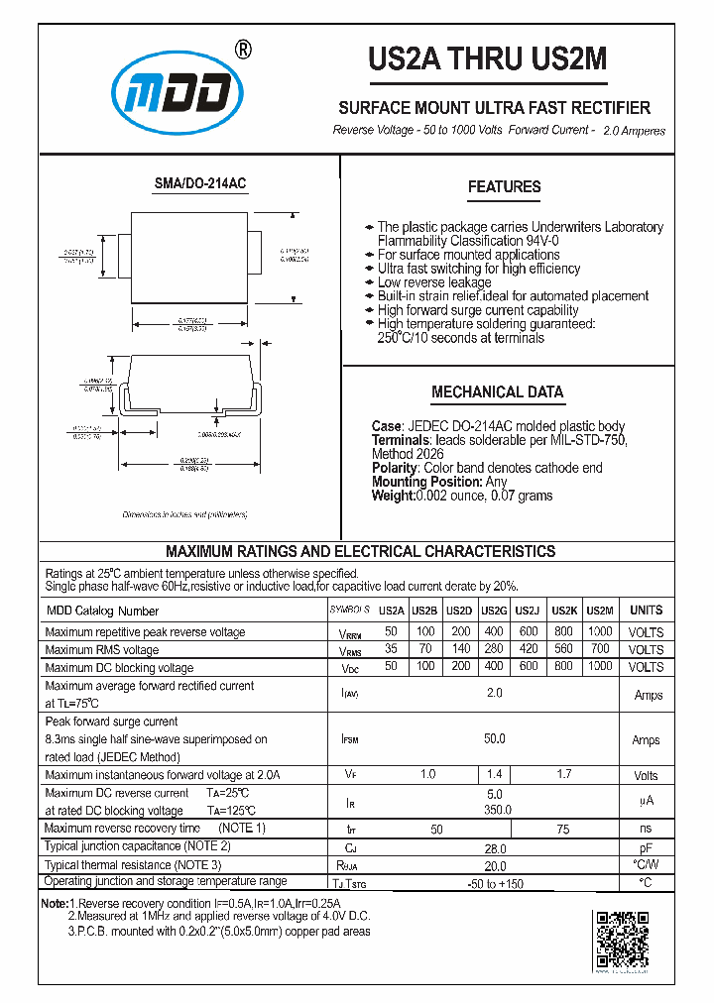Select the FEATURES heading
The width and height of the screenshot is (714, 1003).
(504, 186)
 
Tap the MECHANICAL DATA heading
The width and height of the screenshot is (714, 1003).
(497, 391)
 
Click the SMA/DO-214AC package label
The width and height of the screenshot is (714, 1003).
(199, 184)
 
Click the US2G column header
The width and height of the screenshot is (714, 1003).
(494, 612)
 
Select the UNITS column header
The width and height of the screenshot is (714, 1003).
(646, 612)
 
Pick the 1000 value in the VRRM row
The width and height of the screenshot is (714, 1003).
(600, 631)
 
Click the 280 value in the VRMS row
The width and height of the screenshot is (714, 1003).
(494, 649)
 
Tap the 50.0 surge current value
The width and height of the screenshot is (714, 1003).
(494, 739)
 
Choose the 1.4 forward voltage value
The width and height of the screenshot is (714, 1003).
(494, 774)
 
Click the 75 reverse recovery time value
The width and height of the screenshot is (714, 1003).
(563, 829)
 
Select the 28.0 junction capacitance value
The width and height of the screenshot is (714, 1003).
(494, 847)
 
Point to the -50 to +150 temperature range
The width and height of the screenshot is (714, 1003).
(494, 883)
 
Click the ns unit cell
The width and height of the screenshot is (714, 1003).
(646, 829)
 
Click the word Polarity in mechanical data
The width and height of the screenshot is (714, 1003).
(395, 468)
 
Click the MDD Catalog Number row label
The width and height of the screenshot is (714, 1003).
(102, 612)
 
